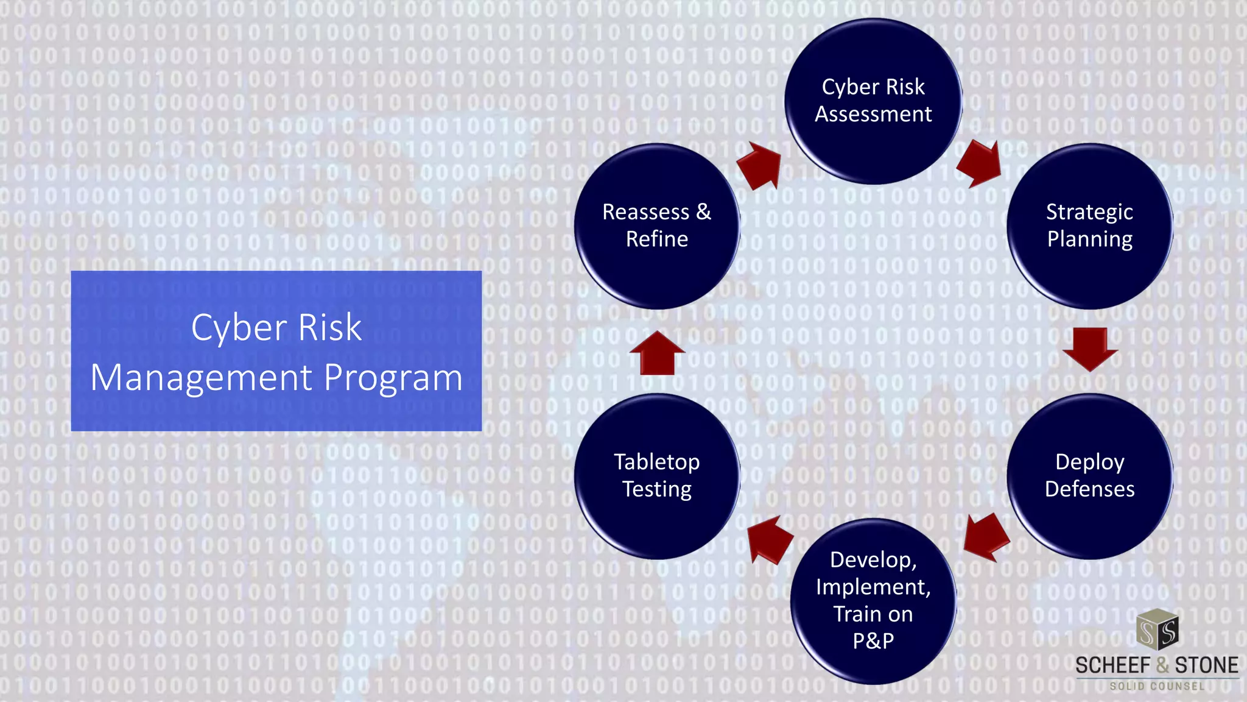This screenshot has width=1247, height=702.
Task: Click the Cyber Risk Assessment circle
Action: click(x=873, y=101)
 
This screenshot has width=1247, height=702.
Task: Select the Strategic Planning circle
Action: click(x=1089, y=226)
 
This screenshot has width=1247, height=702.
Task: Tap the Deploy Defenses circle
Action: click(x=1089, y=476)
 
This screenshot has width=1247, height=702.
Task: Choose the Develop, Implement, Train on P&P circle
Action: click(x=873, y=601)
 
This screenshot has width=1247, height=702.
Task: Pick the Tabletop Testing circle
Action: click(x=657, y=476)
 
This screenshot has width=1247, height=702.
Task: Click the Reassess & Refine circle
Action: click(x=657, y=226)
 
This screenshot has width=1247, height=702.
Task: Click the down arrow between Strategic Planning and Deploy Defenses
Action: click(x=1090, y=349)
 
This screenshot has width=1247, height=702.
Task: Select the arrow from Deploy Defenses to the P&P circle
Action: click(x=986, y=536)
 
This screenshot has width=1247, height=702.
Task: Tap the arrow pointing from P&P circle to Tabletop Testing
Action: click(x=770, y=539)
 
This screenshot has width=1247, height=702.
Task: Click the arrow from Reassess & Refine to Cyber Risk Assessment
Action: click(x=760, y=166)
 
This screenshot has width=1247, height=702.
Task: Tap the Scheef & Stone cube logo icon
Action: click(x=1157, y=630)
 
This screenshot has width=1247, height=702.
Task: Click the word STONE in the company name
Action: click(x=1206, y=665)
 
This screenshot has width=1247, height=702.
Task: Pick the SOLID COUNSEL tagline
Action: click(x=1157, y=686)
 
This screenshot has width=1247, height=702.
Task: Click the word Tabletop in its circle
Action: click(x=656, y=462)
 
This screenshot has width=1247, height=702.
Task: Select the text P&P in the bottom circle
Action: click(x=873, y=641)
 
